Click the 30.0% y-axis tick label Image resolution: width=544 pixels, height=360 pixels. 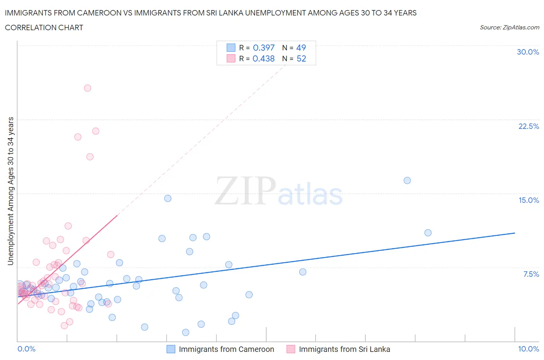[528, 52]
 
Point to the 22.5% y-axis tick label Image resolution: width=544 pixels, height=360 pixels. [529, 126]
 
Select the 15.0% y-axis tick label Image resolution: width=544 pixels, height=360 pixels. [529, 200]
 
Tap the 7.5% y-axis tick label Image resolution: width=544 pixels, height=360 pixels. [531, 274]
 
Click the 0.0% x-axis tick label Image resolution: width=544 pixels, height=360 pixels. [26, 349]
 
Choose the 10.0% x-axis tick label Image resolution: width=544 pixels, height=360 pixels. [529, 349]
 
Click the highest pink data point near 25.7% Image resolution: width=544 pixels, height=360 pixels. [87, 88]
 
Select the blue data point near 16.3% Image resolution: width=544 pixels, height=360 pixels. [407, 180]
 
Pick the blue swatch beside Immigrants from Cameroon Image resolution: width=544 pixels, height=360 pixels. [171, 349]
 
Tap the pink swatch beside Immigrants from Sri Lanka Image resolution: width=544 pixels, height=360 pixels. [291, 349]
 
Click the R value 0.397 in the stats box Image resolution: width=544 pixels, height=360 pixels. [263, 48]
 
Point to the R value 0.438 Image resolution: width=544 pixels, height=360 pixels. [263, 58]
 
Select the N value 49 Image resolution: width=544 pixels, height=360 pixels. [301, 48]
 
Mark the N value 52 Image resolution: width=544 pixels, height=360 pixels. [301, 58]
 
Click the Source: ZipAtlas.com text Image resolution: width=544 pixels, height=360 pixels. [509, 27]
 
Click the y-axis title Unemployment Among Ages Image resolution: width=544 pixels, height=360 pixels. [10, 191]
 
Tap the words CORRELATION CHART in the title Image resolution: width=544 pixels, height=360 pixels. [44, 27]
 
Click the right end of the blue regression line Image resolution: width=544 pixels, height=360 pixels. [515, 233]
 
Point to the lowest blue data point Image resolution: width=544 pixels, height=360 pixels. [186, 332]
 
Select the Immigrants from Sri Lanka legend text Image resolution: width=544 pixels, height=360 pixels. [344, 349]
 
